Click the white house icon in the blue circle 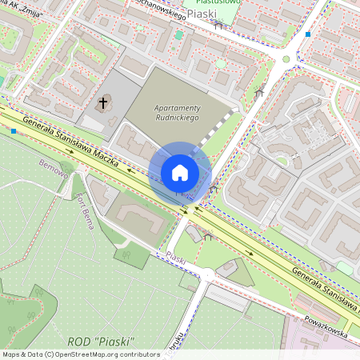(180, 172)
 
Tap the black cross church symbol (103, 102)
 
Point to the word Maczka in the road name (104, 151)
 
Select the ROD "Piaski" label (102, 342)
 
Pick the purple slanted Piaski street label (176, 259)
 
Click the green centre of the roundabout (286, 58)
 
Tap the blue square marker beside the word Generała (14, 130)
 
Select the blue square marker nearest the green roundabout (308, 34)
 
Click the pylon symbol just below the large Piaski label (218, 26)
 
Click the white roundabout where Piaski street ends (207, 274)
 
